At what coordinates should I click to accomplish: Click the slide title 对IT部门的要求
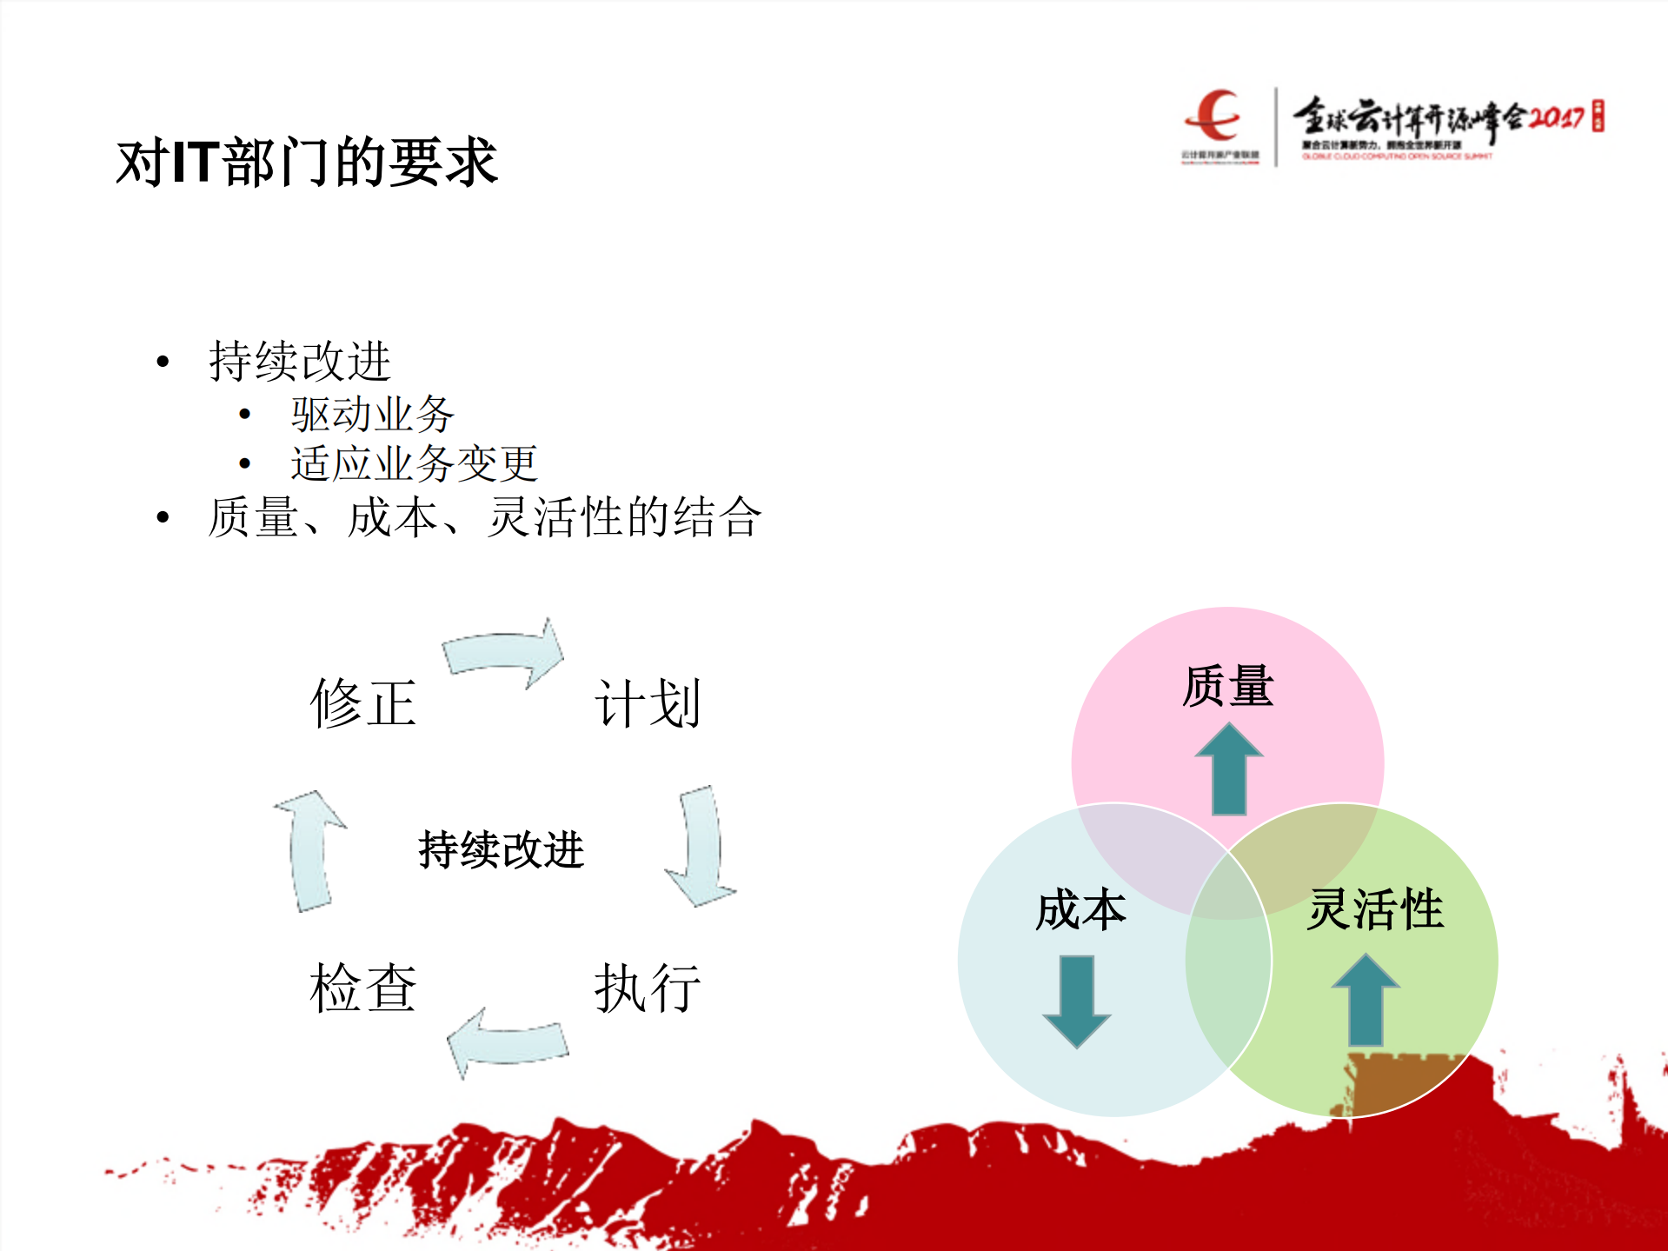[x=307, y=163]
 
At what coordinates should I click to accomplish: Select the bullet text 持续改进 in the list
[x=299, y=361]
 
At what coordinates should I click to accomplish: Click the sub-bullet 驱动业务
[x=372, y=414]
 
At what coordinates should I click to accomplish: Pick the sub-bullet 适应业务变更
[x=414, y=463]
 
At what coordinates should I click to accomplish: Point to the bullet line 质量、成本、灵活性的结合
[x=484, y=517]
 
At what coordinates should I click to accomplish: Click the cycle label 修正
[x=363, y=702]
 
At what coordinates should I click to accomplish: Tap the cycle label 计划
[x=648, y=702]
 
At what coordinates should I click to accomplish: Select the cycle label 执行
[x=648, y=988]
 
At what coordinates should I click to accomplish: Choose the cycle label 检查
[x=363, y=988]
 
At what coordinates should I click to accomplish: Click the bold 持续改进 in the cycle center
[x=501, y=849]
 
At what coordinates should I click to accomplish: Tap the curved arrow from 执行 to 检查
[x=507, y=1041]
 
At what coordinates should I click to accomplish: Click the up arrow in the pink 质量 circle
[x=1228, y=770]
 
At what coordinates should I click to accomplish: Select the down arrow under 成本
[x=1077, y=1001]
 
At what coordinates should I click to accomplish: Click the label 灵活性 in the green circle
[x=1375, y=909]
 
